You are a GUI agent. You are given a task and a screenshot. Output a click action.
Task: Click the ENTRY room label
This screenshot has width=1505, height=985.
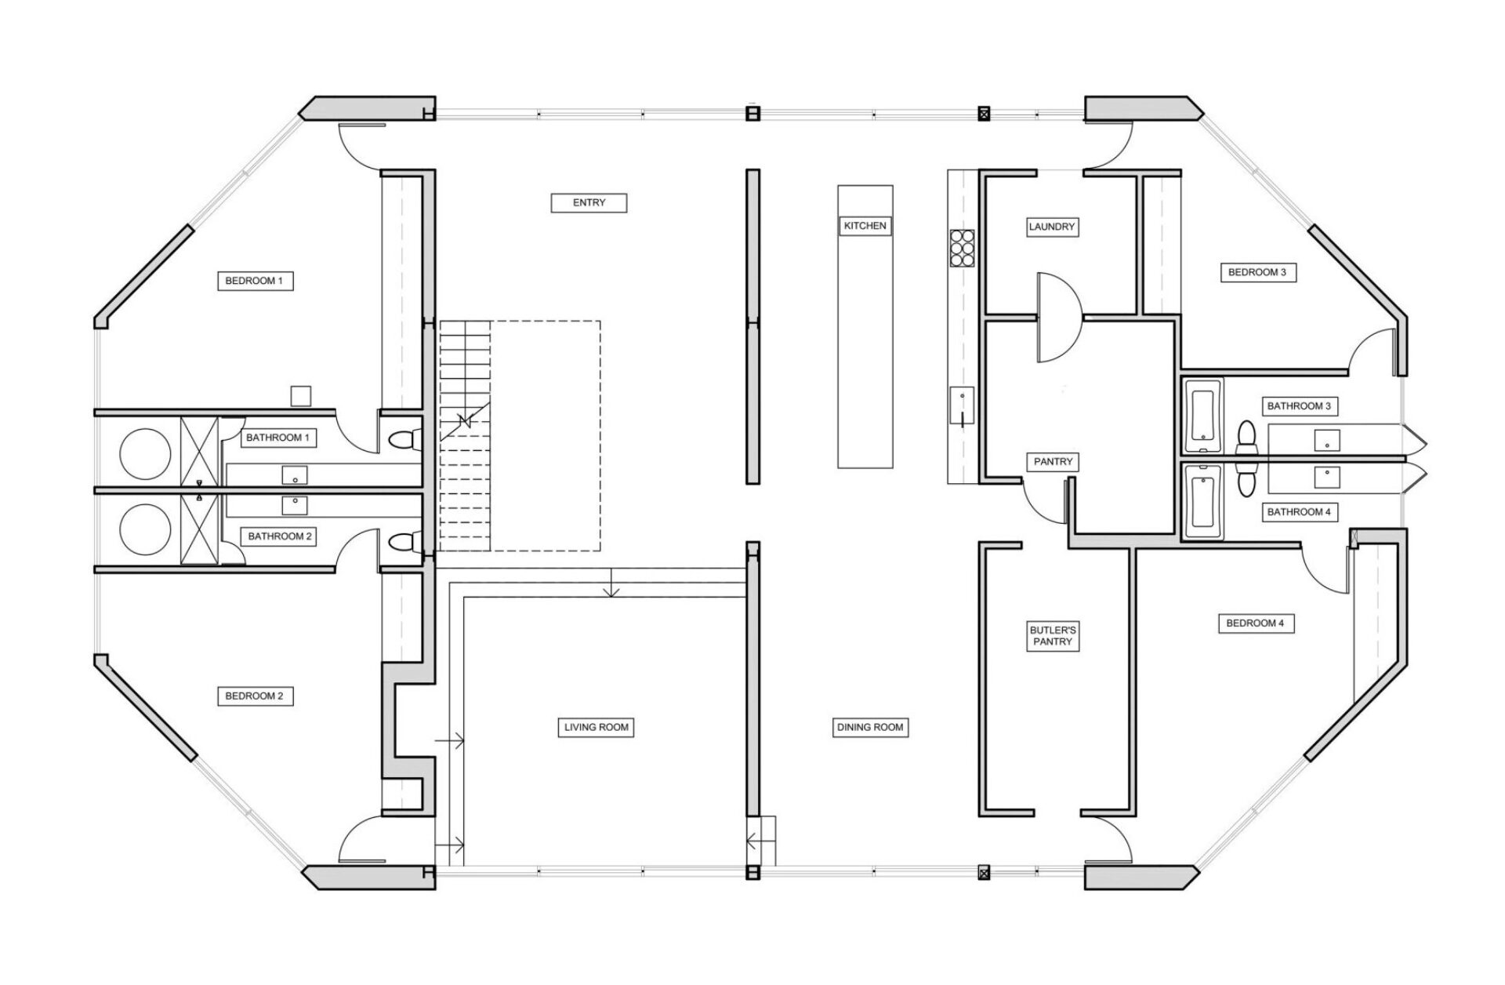coord(589,202)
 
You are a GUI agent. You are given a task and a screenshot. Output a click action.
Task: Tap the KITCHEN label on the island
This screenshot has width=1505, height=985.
coord(865,226)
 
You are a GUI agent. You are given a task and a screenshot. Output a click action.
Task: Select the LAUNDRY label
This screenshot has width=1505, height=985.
coord(1051,227)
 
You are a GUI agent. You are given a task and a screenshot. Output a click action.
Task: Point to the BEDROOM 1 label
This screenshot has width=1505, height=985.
coord(254,281)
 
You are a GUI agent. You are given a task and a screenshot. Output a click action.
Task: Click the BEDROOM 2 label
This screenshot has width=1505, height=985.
coord(254,696)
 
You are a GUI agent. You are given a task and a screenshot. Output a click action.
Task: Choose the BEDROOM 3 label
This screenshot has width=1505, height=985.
coord(1257,273)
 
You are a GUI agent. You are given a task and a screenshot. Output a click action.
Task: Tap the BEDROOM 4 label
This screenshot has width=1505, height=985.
coord(1255,623)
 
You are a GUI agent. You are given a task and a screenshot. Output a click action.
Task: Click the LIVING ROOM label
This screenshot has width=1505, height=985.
coord(597,727)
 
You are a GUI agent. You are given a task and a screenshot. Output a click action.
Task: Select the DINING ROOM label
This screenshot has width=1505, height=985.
coord(870,727)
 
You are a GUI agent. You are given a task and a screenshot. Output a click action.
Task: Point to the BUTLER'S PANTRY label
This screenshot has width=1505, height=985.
coord(1052,635)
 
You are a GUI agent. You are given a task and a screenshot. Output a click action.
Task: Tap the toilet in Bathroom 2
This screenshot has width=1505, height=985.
coord(404,540)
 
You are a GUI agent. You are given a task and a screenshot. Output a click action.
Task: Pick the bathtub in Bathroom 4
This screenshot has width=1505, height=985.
coord(1202,500)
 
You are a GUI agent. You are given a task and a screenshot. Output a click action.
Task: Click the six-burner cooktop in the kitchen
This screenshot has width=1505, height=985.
coord(962,249)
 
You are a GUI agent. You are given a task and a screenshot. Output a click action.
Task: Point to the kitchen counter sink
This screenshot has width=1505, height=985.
coord(962,406)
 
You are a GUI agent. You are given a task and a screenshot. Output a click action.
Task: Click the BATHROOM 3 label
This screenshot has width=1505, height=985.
coord(1299,406)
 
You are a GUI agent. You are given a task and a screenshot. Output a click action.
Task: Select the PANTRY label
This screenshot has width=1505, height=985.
coord(1052,462)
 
